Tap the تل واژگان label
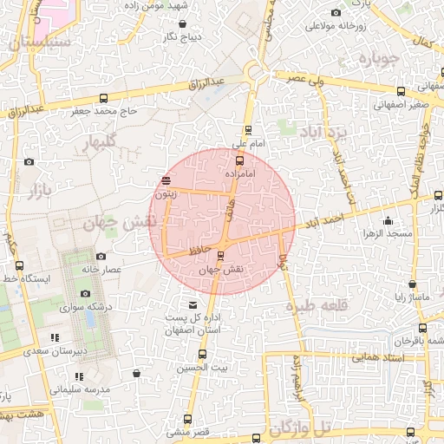(301, 428)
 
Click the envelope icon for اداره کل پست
(193, 305)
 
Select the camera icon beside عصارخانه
(101, 256)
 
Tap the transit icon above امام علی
(249, 130)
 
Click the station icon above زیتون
(166, 180)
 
